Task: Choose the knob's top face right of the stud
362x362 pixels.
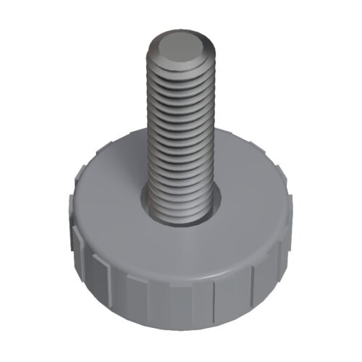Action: coord(250,188)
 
